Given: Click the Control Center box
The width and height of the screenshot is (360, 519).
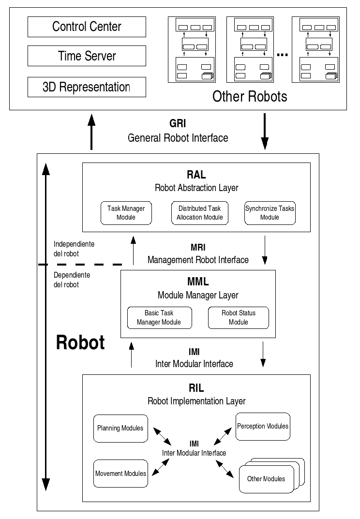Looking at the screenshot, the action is (x=87, y=27).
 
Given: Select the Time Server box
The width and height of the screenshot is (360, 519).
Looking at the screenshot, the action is (x=87, y=56).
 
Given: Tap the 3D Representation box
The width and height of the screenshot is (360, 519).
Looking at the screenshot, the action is (x=87, y=87).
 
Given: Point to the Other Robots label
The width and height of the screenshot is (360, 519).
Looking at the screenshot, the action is (x=250, y=96).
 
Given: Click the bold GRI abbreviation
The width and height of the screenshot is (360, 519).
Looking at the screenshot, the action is (x=178, y=123).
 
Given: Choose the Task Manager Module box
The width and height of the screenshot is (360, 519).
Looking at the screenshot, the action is (x=126, y=213).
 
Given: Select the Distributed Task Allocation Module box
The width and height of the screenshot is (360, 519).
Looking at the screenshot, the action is (x=200, y=213).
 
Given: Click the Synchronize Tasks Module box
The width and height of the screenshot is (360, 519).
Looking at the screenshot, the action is (x=270, y=213).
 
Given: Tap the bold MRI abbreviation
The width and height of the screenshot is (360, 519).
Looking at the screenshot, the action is (x=198, y=247).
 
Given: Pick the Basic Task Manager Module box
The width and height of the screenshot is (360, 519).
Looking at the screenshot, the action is (x=160, y=318).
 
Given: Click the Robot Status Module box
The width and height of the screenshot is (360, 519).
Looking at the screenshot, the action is (x=239, y=318).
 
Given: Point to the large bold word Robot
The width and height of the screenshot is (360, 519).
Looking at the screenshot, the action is (x=80, y=342).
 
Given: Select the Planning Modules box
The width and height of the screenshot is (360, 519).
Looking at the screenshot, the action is (x=120, y=428).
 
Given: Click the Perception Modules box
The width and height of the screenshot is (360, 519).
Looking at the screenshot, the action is (x=263, y=426).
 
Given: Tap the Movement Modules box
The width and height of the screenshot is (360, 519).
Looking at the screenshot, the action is (x=120, y=474).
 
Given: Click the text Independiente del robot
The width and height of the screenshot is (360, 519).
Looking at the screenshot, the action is (x=74, y=249).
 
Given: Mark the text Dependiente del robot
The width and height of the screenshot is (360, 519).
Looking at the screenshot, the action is (x=72, y=280).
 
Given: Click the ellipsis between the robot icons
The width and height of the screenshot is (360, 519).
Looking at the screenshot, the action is (x=282, y=55).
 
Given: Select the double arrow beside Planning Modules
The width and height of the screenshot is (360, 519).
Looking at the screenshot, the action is (x=162, y=437).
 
